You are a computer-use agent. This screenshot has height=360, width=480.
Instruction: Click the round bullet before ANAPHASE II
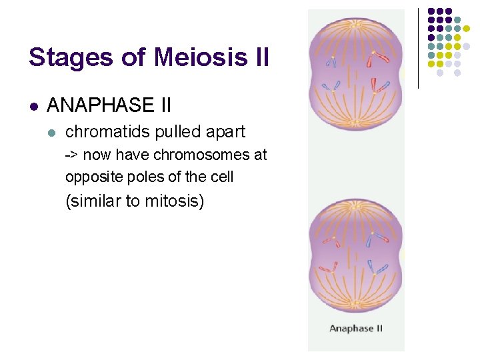pyautogui.click(x=34, y=106)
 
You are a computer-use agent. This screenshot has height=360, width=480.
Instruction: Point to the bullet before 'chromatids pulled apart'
pyautogui.click(x=53, y=133)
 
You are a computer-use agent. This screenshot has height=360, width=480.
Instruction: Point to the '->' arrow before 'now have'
pyautogui.click(x=71, y=155)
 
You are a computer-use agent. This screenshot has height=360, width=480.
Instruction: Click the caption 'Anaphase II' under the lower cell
pyautogui.click(x=356, y=328)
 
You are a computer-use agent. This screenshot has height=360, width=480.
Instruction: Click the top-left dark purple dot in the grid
pyautogui.click(x=431, y=11)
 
